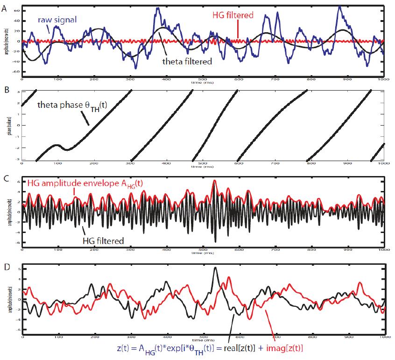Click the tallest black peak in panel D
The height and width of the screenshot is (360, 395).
215,268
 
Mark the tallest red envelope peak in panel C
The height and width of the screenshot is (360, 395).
215,181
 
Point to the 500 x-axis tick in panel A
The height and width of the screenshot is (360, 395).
203,80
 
